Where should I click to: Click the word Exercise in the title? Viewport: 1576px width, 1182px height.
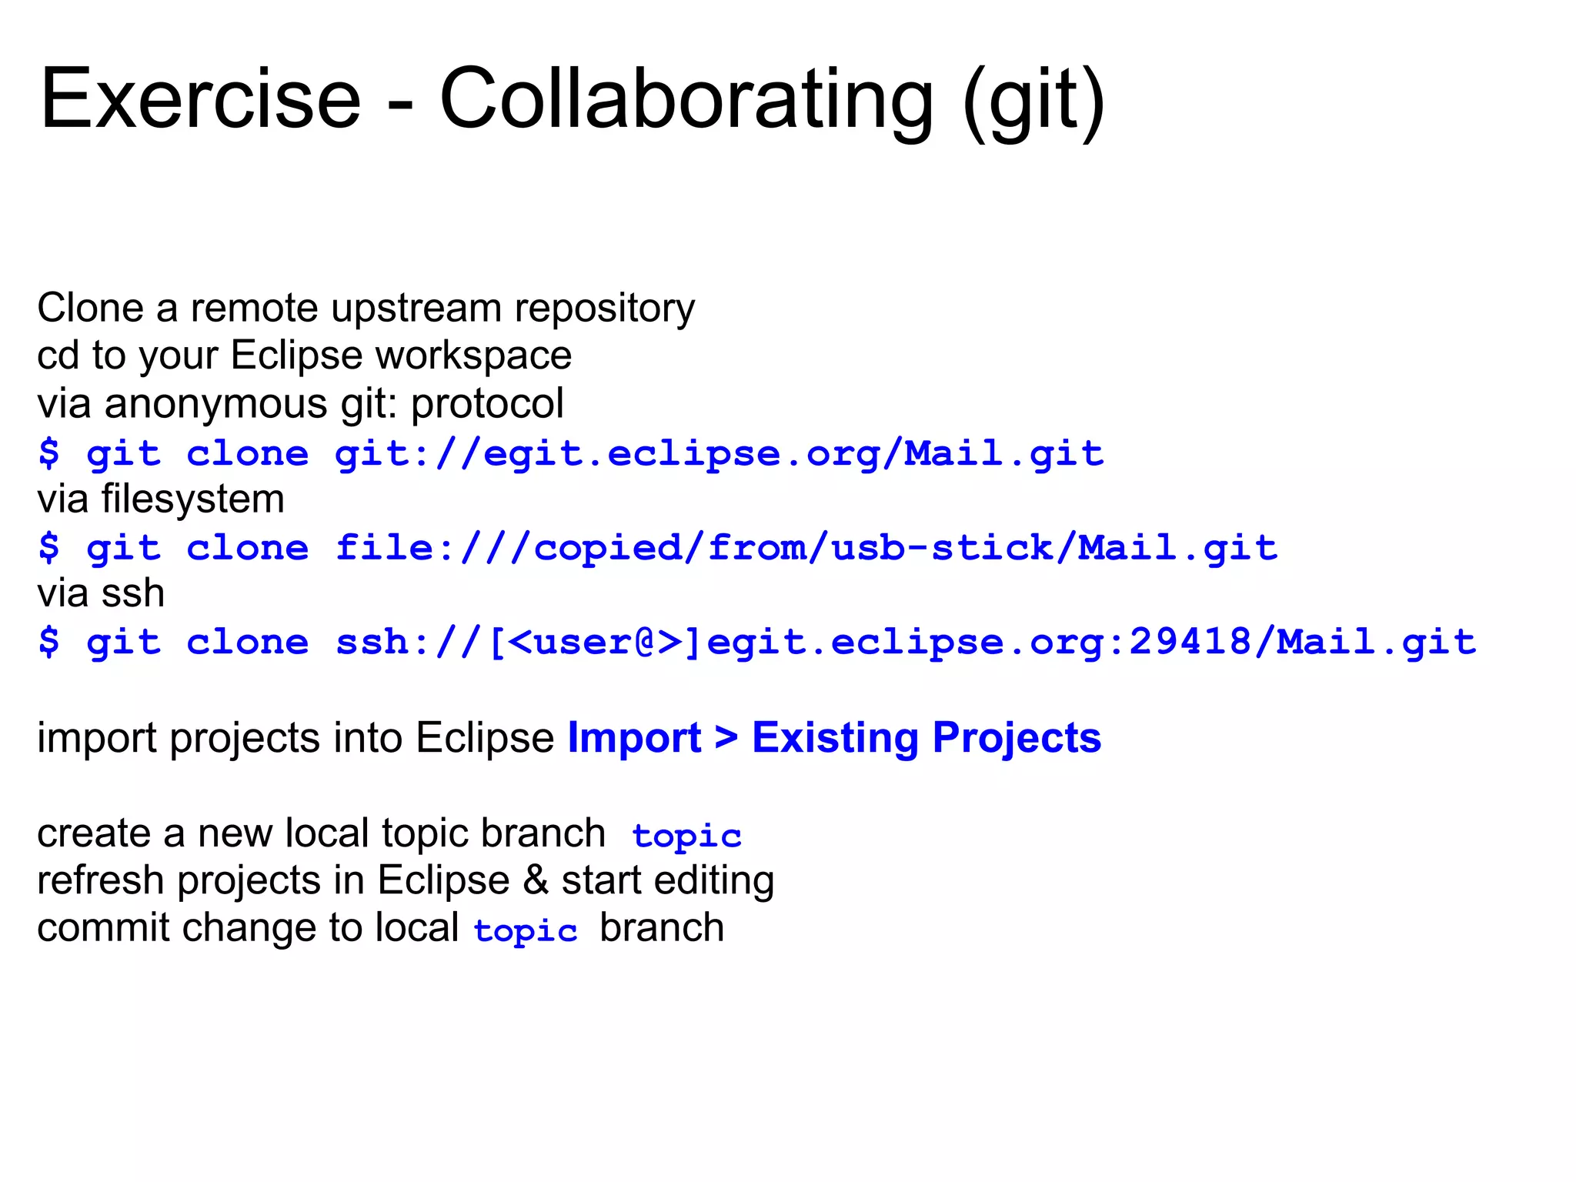coord(200,98)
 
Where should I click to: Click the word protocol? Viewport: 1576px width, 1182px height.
coord(487,404)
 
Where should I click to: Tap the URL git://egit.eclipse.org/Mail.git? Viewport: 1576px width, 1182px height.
coord(720,453)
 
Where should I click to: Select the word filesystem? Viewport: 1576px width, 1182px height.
coord(192,499)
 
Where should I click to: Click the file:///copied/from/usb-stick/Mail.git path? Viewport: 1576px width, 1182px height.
coord(806,548)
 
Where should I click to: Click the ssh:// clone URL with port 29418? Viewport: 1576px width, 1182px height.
coord(906,642)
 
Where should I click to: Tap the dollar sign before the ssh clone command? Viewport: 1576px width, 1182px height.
coord(48,642)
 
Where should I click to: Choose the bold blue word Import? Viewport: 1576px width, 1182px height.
coord(634,738)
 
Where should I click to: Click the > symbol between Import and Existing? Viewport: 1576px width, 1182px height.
coord(726,738)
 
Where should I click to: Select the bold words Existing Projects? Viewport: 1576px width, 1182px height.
coord(927,738)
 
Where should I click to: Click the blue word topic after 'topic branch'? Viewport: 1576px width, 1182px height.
coord(686,836)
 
